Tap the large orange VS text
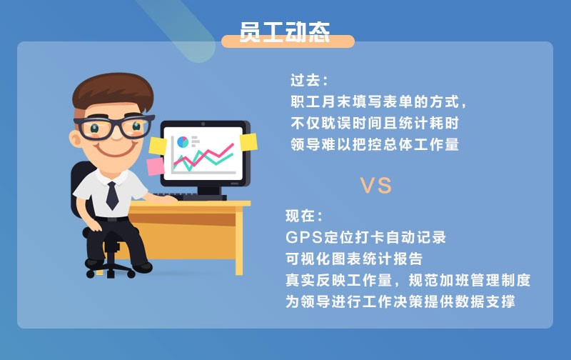pyautogui.click(x=375, y=186)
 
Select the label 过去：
pyautogui.click(x=309, y=80)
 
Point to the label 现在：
pyautogui.click(x=304, y=215)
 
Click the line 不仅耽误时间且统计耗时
pyautogui.click(x=374, y=122)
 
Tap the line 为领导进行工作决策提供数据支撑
pyautogui.click(x=400, y=301)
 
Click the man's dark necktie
pyautogui.click(x=111, y=195)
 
